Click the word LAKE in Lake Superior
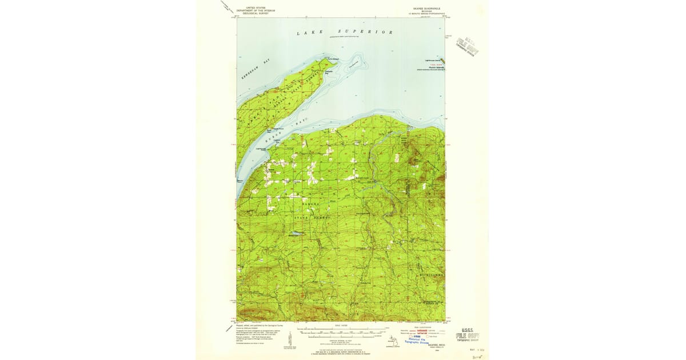(306, 33)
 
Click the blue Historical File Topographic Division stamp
(419, 339)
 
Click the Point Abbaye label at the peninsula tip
(332, 58)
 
